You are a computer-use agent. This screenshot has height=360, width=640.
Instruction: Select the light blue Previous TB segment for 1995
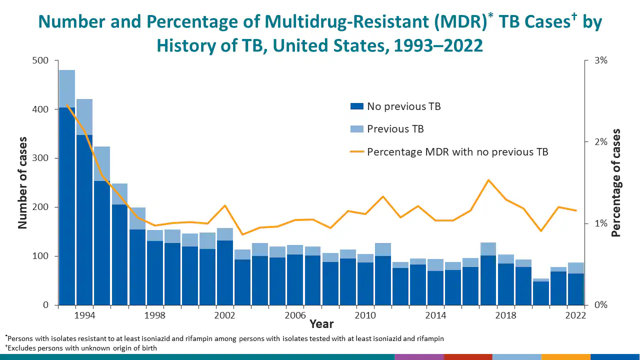[x=102, y=163]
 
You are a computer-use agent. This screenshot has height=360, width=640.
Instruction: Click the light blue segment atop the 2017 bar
[x=488, y=249]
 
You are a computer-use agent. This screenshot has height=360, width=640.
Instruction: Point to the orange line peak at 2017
[x=488, y=180]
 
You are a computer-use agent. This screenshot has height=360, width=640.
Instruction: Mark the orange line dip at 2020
[x=540, y=231]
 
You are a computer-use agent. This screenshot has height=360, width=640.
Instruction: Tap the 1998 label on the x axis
[x=155, y=315]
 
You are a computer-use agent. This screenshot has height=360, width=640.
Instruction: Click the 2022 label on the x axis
[x=575, y=315]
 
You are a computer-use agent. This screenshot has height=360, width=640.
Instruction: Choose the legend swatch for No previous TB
[x=356, y=106]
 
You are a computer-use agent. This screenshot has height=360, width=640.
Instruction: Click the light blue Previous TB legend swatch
[x=356, y=129]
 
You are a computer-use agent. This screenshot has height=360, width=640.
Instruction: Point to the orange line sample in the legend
[x=356, y=151]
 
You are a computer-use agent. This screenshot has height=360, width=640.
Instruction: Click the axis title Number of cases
[x=23, y=182]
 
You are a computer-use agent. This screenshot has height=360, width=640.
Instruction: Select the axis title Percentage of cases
[x=616, y=182]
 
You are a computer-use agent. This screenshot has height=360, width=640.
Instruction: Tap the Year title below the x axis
[x=321, y=324]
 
